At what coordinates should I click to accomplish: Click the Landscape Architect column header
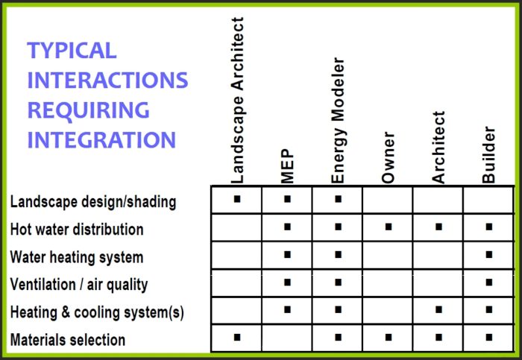(238, 101)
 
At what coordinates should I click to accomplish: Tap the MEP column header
(288, 166)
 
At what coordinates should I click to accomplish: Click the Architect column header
(438, 148)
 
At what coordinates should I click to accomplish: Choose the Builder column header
(488, 159)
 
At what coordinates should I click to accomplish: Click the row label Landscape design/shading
(93, 201)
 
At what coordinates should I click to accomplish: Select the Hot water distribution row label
(77, 229)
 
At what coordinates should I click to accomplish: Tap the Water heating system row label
(77, 257)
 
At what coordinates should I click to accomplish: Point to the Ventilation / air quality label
(79, 284)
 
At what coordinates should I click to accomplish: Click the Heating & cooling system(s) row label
(97, 312)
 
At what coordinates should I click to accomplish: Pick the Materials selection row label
(68, 340)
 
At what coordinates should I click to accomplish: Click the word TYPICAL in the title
(72, 51)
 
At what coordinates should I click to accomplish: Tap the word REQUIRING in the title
(88, 110)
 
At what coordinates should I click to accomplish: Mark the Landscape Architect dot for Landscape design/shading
(237, 199)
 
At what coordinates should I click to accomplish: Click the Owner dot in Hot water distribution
(388, 227)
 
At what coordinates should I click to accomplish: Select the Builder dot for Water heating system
(488, 254)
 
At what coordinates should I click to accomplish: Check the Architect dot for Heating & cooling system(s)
(438, 309)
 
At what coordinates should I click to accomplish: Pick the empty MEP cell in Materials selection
(288, 338)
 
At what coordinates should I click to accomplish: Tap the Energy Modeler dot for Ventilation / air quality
(338, 282)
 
